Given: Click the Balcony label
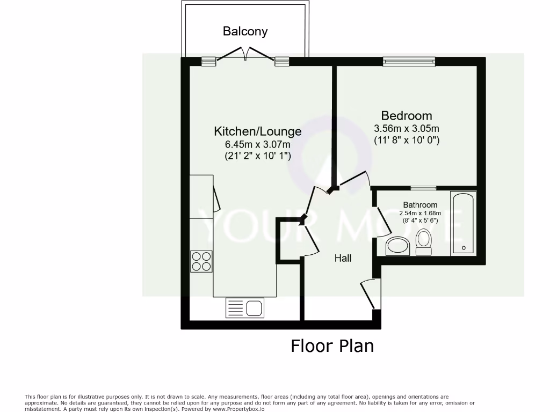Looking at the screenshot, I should [x=245, y=32].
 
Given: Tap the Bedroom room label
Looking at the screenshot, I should [x=406, y=115].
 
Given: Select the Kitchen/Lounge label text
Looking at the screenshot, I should [x=258, y=131].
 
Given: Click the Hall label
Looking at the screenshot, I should [x=343, y=259].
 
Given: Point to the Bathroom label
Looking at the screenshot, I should [x=420, y=205].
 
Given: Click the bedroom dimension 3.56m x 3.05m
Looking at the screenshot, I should [x=406, y=129].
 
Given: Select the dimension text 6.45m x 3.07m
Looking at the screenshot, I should [x=258, y=144].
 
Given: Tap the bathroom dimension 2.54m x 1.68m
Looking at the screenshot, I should [x=420, y=213].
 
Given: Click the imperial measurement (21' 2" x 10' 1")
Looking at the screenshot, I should [x=258, y=156].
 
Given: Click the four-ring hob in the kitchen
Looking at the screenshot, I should [x=201, y=261].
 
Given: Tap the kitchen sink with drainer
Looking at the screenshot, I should [x=244, y=308].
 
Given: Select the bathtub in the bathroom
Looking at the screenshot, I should [x=464, y=224].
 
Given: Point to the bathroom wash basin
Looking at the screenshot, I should [x=398, y=246].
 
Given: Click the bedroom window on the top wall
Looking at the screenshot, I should [x=409, y=62].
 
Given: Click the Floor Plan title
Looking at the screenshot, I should [x=332, y=346].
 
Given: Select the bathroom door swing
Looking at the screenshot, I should [x=382, y=218].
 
